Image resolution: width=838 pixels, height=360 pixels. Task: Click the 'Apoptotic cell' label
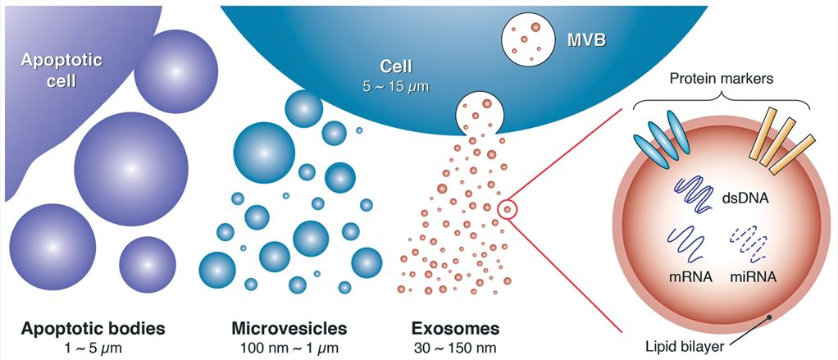pos(61,70)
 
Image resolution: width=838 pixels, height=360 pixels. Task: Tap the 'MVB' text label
pos(586,41)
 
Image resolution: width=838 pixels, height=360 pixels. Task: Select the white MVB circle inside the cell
pos(526,39)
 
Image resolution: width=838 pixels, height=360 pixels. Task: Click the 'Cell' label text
pos(396,66)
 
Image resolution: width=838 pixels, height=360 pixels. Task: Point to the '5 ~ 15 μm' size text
pos(396,85)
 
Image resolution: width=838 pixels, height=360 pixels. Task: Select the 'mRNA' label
pos(688,277)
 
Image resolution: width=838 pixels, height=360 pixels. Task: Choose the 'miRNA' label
pos(751,277)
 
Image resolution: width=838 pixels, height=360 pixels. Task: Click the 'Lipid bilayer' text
pos(685,347)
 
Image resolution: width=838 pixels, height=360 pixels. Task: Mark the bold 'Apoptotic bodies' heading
pos(93,328)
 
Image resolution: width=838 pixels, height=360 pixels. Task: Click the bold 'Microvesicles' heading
pos(289,328)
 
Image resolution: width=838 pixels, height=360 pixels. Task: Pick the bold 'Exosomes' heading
pos(455,328)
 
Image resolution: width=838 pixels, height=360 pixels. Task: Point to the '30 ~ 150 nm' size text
pos(455,348)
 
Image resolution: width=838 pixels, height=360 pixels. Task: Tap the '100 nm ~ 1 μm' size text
pos(289,348)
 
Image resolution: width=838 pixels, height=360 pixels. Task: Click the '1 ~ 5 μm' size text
pos(93,348)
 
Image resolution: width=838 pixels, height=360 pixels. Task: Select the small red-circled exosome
pos(508,209)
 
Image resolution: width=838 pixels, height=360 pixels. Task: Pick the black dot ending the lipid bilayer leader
pos(769,317)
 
